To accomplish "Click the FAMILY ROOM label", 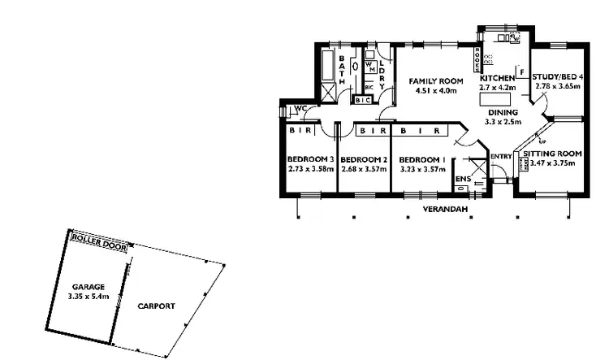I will (435, 81).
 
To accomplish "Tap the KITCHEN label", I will (497, 77).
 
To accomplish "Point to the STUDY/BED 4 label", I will (556, 77).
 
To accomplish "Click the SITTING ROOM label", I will (552, 154).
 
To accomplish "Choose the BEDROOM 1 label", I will (422, 159).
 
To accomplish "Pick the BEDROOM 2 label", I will (362, 159).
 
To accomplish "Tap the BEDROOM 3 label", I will (311, 159).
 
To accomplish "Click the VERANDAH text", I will (443, 209).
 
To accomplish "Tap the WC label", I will (300, 109).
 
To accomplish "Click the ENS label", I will (462, 179).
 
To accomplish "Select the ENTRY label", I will (501, 156).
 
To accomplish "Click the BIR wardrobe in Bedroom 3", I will (297, 129).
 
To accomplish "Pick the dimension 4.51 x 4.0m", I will (435, 91).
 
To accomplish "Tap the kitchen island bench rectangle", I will (495, 98).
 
